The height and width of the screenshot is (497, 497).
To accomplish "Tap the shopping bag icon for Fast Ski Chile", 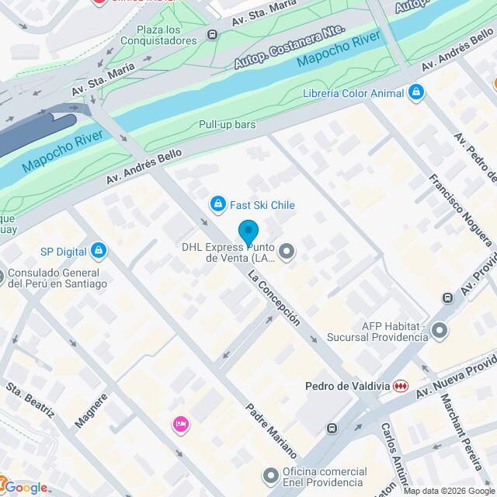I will tap(218, 204).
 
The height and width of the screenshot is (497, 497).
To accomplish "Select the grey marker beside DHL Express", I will tap(287, 251).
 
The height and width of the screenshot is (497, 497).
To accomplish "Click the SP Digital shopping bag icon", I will tap(98, 251).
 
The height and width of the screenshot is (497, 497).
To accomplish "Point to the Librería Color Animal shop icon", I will tap(417, 93).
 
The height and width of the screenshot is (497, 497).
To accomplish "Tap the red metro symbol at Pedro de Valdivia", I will tap(400, 386).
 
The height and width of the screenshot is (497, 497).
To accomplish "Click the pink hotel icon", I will tap(180, 424).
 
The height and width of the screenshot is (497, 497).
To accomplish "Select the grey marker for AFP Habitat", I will tap(440, 332).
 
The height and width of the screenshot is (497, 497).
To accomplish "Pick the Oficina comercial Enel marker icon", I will tap(270, 474).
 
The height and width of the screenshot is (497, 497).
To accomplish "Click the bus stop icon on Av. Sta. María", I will tap(212, 34).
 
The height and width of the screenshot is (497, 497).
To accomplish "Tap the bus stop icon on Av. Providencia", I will tap(447, 297).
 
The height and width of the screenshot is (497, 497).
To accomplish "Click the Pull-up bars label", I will tap(227, 124).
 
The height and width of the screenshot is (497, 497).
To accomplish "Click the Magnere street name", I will tap(92, 408).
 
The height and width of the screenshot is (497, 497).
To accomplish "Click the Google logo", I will tap(24, 488).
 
